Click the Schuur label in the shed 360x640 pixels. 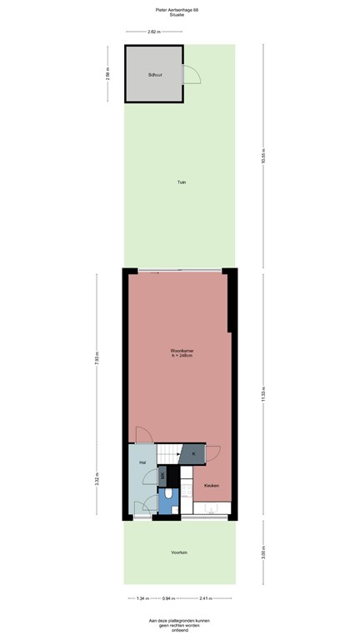[153, 76]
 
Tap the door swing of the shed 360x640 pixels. [191, 75]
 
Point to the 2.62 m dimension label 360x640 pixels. [153, 32]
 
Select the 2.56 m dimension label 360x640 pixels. [107, 73]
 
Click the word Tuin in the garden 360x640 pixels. [180, 182]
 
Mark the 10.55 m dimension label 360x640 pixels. [262, 157]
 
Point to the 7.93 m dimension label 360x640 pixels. [97, 359]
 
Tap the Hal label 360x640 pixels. [142, 462]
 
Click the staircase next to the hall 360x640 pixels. [171, 454]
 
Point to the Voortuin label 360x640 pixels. [179, 552]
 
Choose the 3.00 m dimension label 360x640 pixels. [262, 552]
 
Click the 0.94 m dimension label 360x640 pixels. [167, 597]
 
